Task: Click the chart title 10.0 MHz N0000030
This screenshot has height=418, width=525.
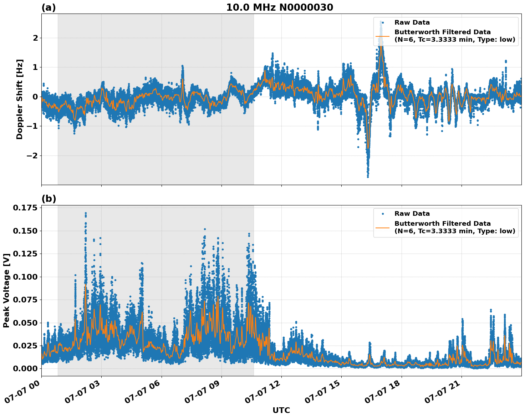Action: tap(280, 7)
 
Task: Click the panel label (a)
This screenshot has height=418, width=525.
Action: tap(49, 7)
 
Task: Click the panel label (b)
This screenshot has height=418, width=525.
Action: tap(49, 199)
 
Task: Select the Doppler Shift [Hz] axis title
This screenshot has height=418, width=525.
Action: tap(20, 99)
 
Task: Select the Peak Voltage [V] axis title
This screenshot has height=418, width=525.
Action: tap(6, 291)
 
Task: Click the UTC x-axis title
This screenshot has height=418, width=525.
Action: tap(281, 411)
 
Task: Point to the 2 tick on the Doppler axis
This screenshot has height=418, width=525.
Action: tap(35, 38)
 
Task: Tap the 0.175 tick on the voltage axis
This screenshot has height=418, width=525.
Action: tap(25, 208)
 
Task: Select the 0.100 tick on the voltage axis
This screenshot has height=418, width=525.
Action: tap(25, 277)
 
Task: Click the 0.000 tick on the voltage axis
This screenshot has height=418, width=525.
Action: tap(25, 369)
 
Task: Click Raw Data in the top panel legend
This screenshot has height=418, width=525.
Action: tap(412, 22)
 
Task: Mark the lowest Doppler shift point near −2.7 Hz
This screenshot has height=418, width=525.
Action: tap(368, 177)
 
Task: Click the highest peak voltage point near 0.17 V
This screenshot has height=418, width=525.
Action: tap(86, 213)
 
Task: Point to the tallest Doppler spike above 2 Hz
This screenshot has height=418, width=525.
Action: tap(381, 22)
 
